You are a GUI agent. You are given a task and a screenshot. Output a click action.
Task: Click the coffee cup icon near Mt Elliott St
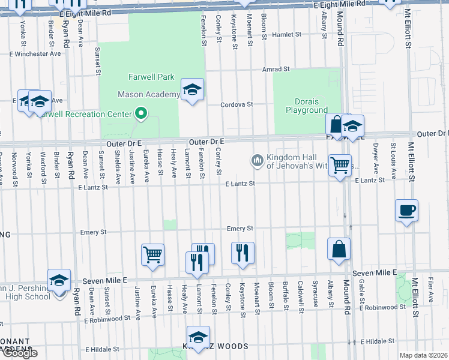(x=406, y=211)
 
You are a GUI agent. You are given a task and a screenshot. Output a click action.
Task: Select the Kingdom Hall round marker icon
(x=257, y=160)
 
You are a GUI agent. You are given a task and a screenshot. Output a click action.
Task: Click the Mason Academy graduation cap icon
(x=192, y=89)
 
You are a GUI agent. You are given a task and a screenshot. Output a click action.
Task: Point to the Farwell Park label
(x=151, y=77)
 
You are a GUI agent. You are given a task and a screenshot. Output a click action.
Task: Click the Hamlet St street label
(x=286, y=35)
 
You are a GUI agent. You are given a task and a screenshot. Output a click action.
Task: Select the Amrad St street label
(x=276, y=70)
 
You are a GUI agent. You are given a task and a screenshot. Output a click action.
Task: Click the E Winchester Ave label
(x=35, y=53)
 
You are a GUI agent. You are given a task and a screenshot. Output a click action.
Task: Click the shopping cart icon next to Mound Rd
(x=340, y=164)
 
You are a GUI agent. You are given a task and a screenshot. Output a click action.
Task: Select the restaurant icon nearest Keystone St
(x=243, y=253)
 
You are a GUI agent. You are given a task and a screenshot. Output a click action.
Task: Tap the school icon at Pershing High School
(x=59, y=280)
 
